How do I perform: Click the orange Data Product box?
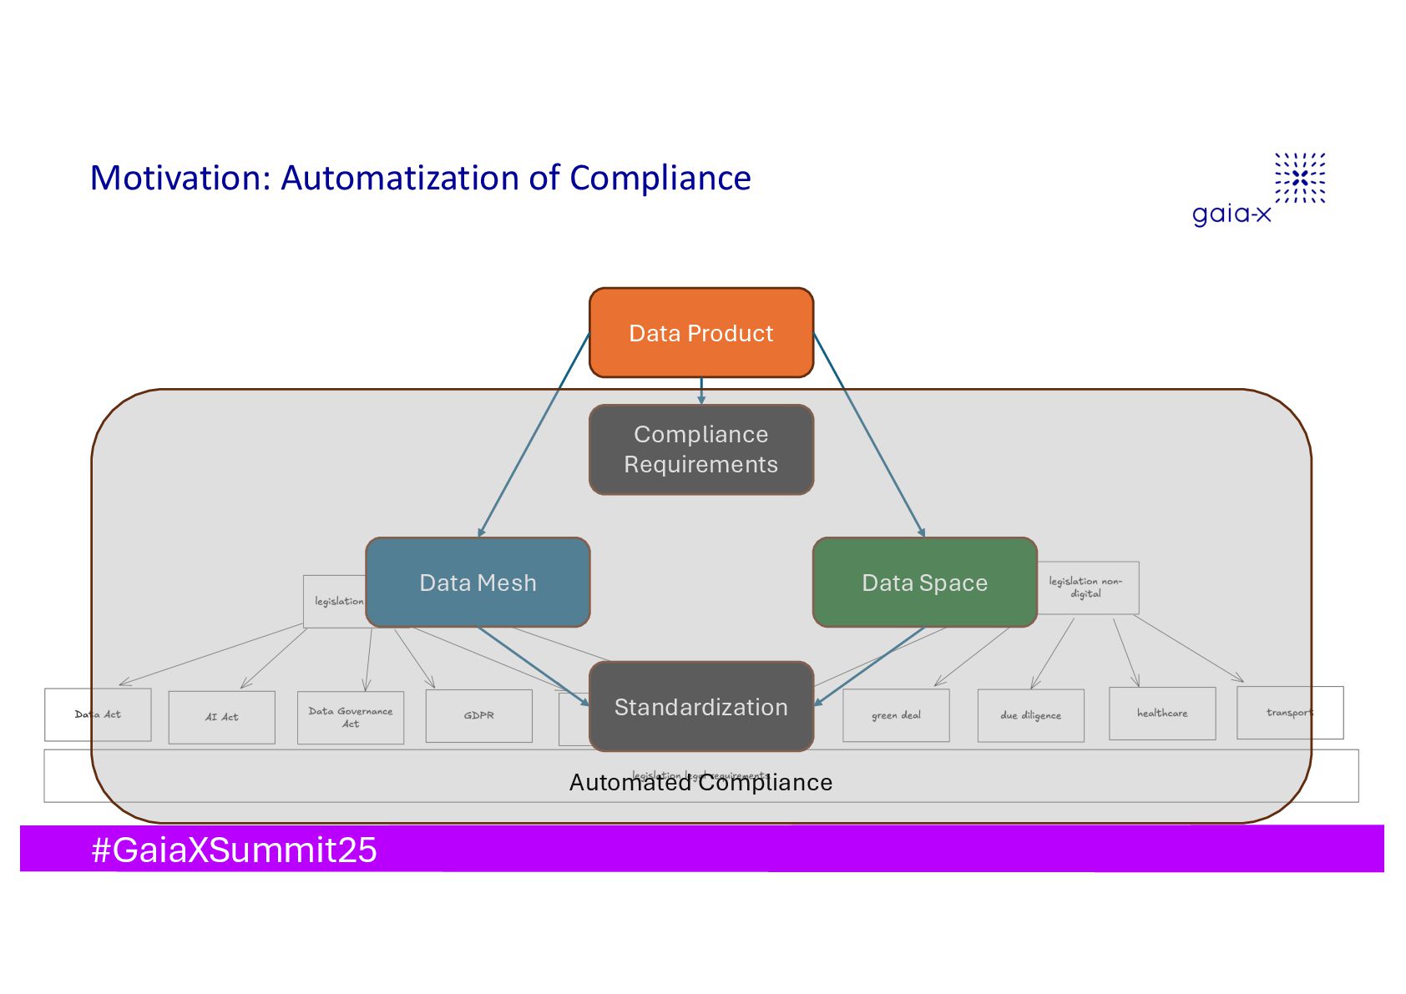pyautogui.click(x=700, y=333)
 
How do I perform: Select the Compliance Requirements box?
pyautogui.click(x=700, y=449)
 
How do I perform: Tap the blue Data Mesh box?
pyautogui.click(x=478, y=583)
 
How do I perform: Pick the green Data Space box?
pyautogui.click(x=924, y=583)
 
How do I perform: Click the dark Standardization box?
pyautogui.click(x=700, y=707)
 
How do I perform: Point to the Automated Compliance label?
pyautogui.click(x=700, y=783)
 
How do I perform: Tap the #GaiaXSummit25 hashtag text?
pyautogui.click(x=234, y=850)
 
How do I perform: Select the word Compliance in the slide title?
pyautogui.click(x=660, y=178)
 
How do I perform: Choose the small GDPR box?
pyautogui.click(x=478, y=715)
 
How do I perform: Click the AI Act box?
pyautogui.click(x=221, y=717)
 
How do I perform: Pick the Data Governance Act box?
pyautogui.click(x=350, y=717)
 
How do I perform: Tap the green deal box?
pyautogui.click(x=896, y=715)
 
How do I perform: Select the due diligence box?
pyautogui.click(x=1030, y=715)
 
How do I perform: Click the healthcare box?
pyautogui.click(x=1161, y=713)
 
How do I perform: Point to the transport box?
pyautogui.click(x=1289, y=712)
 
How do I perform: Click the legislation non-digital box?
pyautogui.click(x=1087, y=588)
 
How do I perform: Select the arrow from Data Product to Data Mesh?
pyautogui.click(x=534, y=434)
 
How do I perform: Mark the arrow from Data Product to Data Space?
pyautogui.click(x=868, y=434)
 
